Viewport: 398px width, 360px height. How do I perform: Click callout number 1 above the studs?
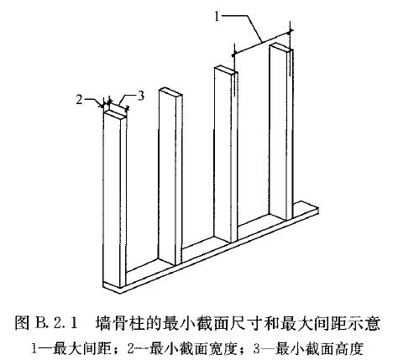pyautogui.click(x=217, y=17)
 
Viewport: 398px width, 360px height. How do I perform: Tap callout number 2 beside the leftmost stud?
pyautogui.click(x=80, y=99)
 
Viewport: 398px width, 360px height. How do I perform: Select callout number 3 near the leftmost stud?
pyautogui.click(x=141, y=96)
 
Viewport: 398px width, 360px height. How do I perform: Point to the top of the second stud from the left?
pyautogui.click(x=170, y=92)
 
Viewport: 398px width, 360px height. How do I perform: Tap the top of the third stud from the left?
pyautogui.click(x=226, y=70)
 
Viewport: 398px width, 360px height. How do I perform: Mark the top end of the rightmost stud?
pyautogui.click(x=280, y=48)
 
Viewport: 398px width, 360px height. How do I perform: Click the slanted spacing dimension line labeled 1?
pyautogui.click(x=262, y=42)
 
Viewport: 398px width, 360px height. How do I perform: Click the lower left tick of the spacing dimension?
pyautogui.click(x=233, y=55)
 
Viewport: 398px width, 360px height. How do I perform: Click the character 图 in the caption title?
pyautogui.click(x=23, y=323)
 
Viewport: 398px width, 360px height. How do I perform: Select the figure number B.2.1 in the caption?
pyautogui.click(x=56, y=323)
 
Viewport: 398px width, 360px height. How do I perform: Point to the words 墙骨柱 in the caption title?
pyautogui.click(x=118, y=323)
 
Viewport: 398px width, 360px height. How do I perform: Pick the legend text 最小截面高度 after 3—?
pyautogui.click(x=319, y=349)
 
